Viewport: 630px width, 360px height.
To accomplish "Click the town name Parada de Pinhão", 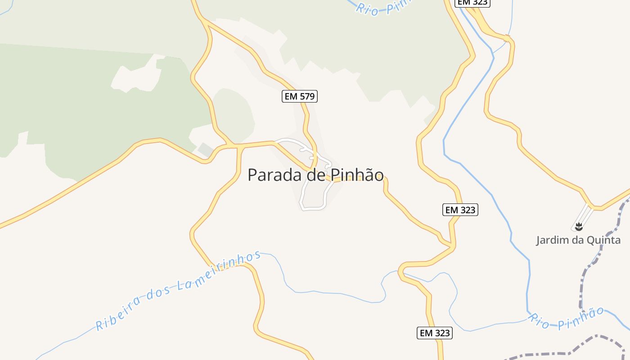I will click(x=315, y=175).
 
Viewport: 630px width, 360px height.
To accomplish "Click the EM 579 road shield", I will click(x=300, y=96).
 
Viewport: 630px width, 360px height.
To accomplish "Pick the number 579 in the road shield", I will click(x=306, y=96).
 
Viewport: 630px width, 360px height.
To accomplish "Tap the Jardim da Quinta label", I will click(x=578, y=240).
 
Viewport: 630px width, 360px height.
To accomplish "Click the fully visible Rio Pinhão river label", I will click(x=566, y=319).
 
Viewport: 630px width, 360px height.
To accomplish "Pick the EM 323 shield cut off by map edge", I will click(x=472, y=3).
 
